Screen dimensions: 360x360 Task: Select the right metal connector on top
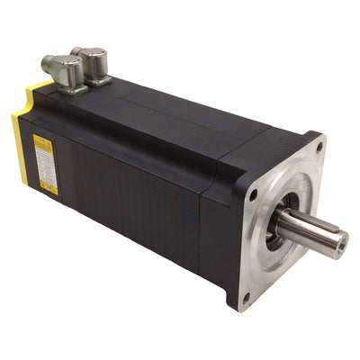click(92, 62)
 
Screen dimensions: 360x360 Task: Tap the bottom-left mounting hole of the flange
click(245, 298)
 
